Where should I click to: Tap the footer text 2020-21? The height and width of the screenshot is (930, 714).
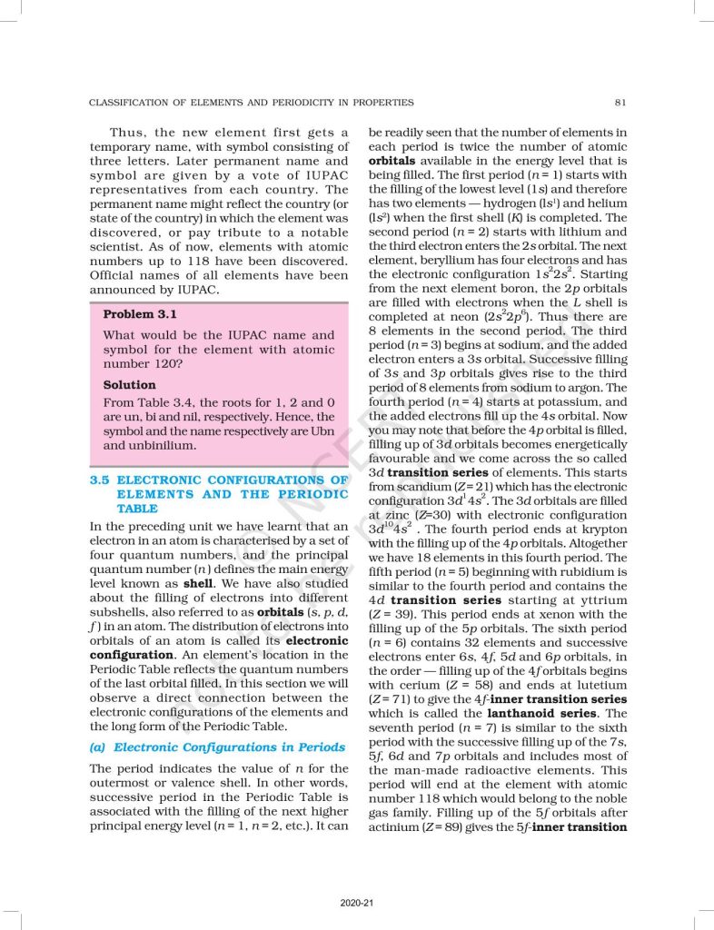[x=356, y=902]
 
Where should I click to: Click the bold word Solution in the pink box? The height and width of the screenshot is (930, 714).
[x=129, y=385]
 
